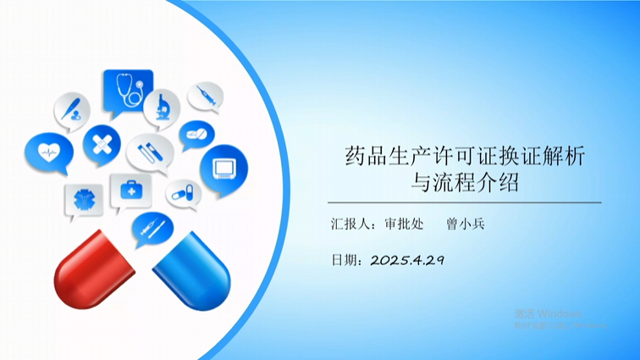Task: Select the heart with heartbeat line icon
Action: pos(48,152)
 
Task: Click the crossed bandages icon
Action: pos(102,143)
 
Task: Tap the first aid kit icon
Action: pos(129,191)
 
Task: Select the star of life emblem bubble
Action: pos(84,201)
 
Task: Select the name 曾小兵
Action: pos(466,224)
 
